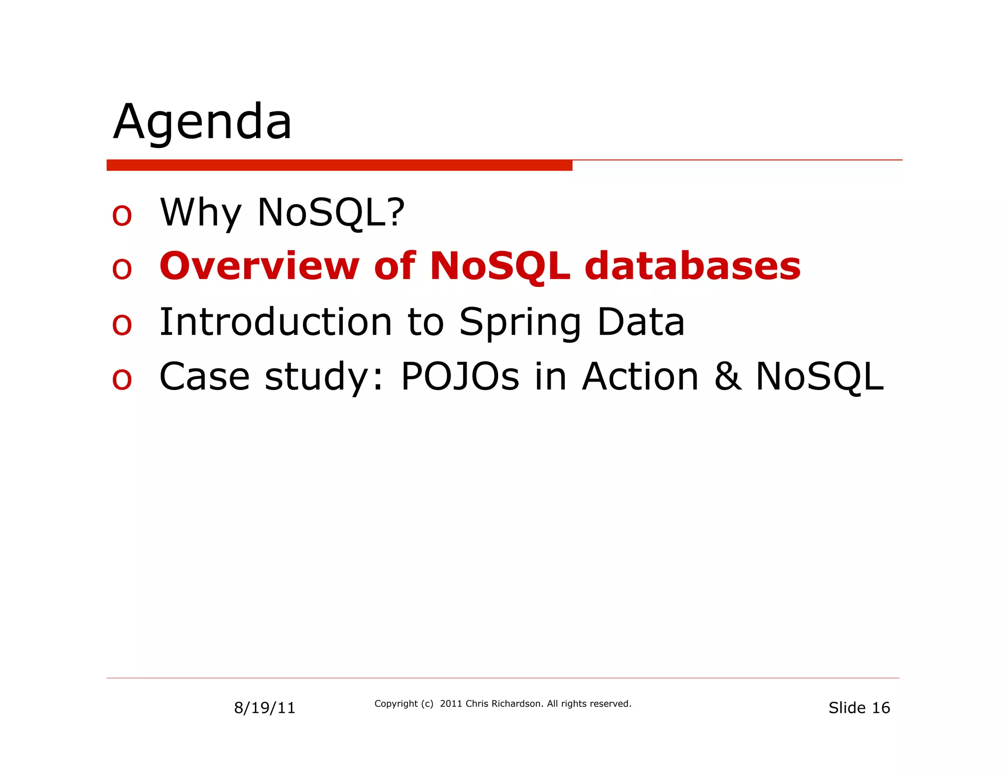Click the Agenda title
(202, 122)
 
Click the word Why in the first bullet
(200, 212)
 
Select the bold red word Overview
(259, 266)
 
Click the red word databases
(693, 266)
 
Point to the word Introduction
(276, 322)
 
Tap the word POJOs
(460, 377)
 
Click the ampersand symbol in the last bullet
(727, 377)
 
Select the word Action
(640, 377)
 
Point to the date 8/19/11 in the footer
(264, 708)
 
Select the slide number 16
(881, 708)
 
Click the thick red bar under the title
(339, 165)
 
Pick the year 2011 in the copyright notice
(451, 703)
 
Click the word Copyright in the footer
(396, 703)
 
